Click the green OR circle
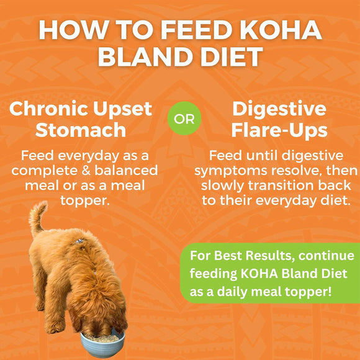tap(184, 119)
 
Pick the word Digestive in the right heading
tap(279, 109)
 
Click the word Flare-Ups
tap(279, 131)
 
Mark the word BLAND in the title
tap(146, 58)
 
